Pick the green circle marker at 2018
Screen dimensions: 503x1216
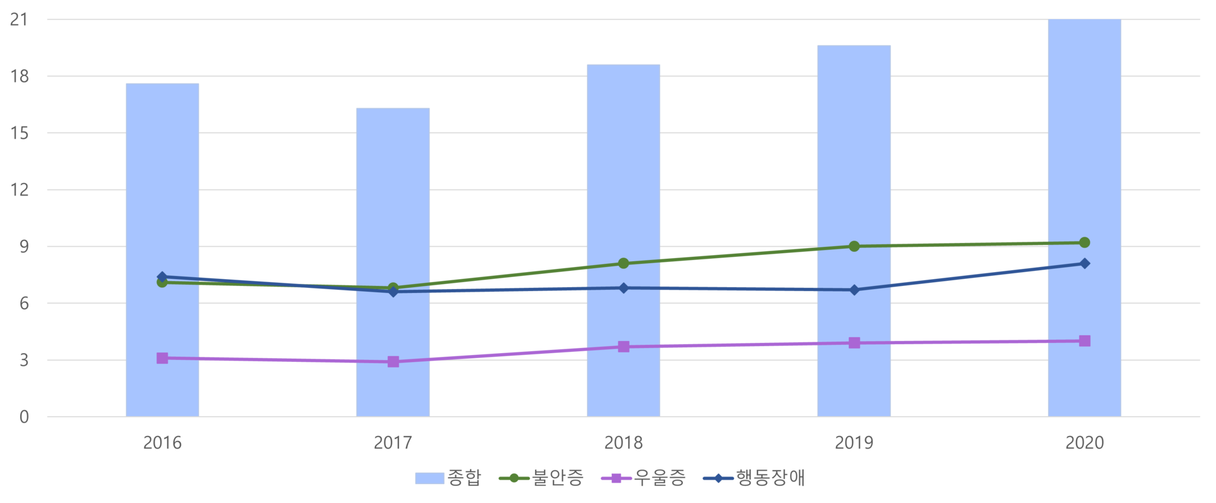[x=623, y=263]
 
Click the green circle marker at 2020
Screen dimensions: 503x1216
[x=1084, y=242]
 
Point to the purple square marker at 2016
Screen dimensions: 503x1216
[x=162, y=358]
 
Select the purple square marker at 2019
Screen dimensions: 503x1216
[x=854, y=343]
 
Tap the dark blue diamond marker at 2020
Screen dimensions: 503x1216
[x=1084, y=263]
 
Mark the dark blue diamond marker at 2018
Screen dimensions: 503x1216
[x=623, y=288]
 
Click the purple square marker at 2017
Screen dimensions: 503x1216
[x=393, y=362]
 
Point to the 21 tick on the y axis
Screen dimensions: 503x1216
[x=19, y=20]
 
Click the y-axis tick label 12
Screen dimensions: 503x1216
[x=19, y=190]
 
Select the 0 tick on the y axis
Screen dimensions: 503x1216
[x=24, y=417]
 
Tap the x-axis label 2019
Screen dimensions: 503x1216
[x=854, y=442]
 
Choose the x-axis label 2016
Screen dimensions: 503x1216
[x=162, y=442]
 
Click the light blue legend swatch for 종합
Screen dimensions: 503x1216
[x=429, y=478]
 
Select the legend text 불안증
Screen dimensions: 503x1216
[x=558, y=478]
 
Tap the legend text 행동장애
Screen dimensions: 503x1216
[x=770, y=478]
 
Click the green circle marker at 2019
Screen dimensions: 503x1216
[x=854, y=246]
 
